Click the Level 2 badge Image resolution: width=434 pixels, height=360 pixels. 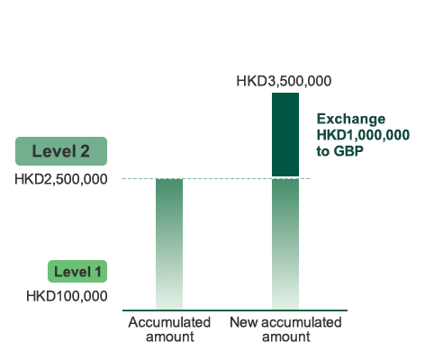coord(61,151)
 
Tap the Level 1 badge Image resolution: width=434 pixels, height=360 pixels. coord(77,272)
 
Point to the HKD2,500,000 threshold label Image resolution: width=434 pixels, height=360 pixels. coord(61,179)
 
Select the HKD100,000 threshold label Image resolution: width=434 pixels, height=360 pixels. coord(67,296)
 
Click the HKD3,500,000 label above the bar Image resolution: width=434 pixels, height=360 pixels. coord(284,81)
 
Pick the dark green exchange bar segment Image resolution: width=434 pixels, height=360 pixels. coord(285,135)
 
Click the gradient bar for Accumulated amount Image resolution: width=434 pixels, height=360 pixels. coord(169,244)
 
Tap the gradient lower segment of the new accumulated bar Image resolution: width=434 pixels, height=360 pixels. coord(285,244)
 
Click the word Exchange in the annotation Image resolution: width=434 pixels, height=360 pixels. coord(351,120)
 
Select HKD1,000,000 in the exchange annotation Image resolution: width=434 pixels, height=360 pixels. coord(363,135)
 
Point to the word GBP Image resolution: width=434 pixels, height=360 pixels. coord(348,151)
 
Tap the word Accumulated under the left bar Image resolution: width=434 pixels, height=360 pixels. coord(169,322)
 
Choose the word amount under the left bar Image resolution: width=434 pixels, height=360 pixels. coord(170,337)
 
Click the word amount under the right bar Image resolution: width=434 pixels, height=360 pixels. coord(286,337)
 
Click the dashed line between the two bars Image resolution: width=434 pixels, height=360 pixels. coord(227,179)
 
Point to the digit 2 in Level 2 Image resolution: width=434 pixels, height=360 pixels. coord(85,151)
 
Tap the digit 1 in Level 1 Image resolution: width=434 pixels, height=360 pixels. coord(98,272)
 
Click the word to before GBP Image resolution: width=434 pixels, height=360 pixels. coord(323,151)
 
